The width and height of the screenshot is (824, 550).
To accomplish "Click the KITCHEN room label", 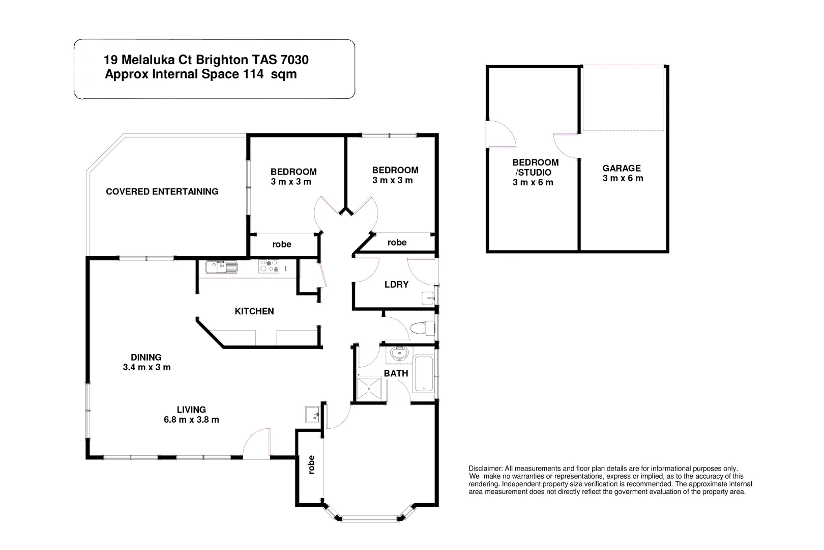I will tap(254, 311).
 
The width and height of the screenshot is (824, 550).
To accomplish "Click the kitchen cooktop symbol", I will tap(269, 266).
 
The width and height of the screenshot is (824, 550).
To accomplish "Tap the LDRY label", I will tap(396, 285).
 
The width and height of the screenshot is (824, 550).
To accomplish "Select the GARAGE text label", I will tap(622, 168).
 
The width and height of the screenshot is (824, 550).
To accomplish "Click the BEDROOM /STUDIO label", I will tap(535, 168).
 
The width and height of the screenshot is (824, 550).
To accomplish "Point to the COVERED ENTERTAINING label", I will tap(162, 191).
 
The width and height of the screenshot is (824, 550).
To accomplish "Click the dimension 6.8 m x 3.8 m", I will tap(191, 420).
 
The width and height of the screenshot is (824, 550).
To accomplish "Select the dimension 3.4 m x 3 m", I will tap(146, 367).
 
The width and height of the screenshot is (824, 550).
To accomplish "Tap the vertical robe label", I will tap(311, 464).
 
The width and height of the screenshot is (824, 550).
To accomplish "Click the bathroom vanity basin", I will tap(399, 353).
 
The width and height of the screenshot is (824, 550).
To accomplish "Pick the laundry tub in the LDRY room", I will tap(428, 298).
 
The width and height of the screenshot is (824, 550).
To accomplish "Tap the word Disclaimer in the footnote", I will tap(485, 469).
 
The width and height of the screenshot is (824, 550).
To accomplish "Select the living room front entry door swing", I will tap(257, 445).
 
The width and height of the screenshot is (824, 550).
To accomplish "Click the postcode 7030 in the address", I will tap(294, 60).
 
